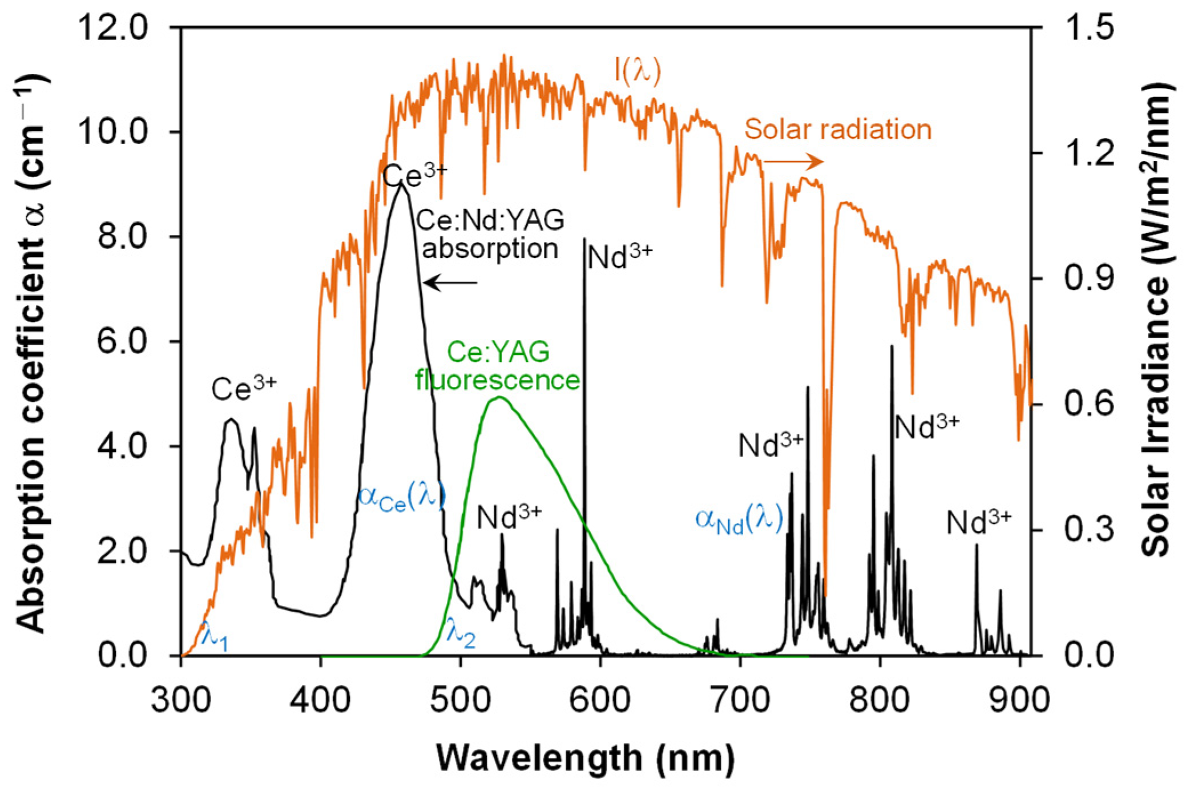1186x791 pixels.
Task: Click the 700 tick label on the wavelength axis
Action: tap(740, 700)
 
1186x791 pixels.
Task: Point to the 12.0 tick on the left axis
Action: tap(113, 27)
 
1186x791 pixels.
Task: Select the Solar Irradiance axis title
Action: tap(1158, 320)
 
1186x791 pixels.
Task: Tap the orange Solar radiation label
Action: tap(838, 129)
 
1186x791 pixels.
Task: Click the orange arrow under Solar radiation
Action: tap(794, 162)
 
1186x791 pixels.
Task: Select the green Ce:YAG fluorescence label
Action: tap(498, 366)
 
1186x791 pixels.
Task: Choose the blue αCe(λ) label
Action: tap(401, 496)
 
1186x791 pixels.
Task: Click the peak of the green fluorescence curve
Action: tap(499, 397)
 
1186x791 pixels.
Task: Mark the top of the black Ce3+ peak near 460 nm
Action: tap(402, 184)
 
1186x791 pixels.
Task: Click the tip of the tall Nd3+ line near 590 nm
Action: tap(584, 239)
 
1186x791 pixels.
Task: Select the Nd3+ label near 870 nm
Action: tap(979, 521)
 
